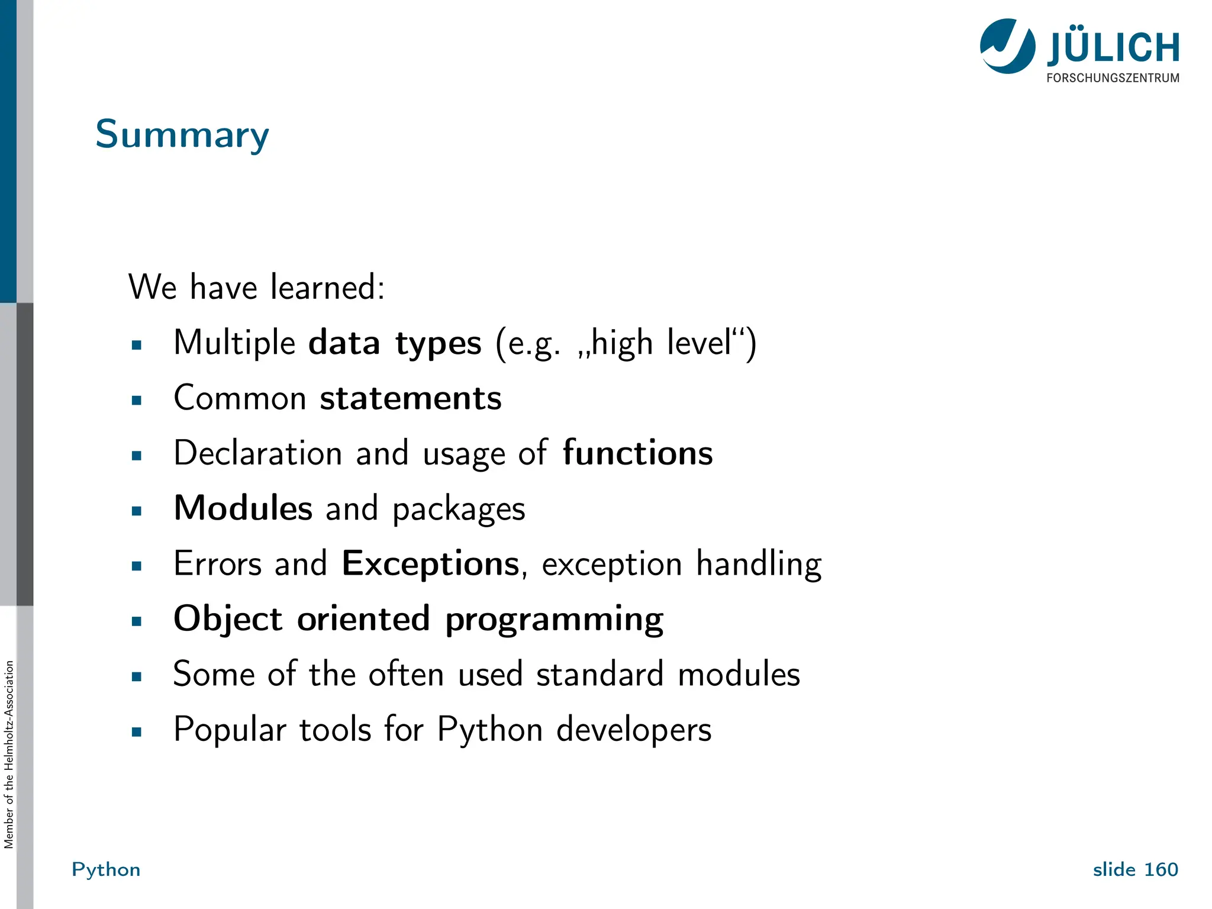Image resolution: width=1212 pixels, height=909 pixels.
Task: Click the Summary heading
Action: click(x=182, y=135)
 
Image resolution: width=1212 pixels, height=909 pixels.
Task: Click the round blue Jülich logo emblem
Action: click(x=1007, y=46)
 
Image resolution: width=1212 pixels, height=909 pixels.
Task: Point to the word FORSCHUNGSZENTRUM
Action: click(x=1113, y=78)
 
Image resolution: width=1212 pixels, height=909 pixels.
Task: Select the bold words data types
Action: click(x=395, y=343)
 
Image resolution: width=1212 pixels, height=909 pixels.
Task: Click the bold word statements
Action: click(x=411, y=398)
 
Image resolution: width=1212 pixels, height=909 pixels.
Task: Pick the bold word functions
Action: click(x=637, y=453)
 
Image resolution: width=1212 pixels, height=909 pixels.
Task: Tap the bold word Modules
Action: click(x=243, y=508)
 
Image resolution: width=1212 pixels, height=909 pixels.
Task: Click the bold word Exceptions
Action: click(x=431, y=563)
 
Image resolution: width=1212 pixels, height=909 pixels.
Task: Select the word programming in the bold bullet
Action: click(x=554, y=620)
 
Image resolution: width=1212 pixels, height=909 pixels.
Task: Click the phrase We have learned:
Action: click(x=256, y=287)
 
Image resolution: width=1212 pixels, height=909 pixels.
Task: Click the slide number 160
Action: click(x=1161, y=869)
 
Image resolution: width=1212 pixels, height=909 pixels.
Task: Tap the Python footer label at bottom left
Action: click(x=106, y=869)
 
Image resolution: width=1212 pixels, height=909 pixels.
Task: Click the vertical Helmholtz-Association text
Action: click(x=8, y=755)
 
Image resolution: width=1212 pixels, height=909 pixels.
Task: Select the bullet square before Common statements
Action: click(x=137, y=401)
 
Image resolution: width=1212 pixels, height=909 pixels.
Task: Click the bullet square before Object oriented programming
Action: click(x=137, y=621)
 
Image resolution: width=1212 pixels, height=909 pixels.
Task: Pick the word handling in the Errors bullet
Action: click(x=759, y=563)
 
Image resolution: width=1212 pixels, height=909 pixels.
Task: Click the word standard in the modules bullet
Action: click(x=599, y=674)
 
